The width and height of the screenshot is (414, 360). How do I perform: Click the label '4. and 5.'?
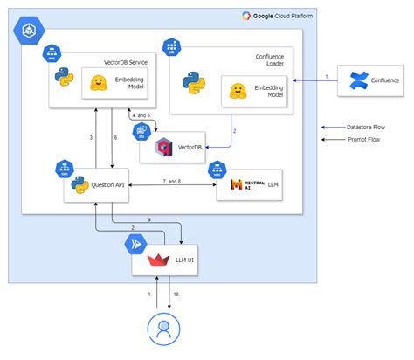point(141,115)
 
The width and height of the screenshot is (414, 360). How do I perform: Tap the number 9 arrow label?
point(148,218)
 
